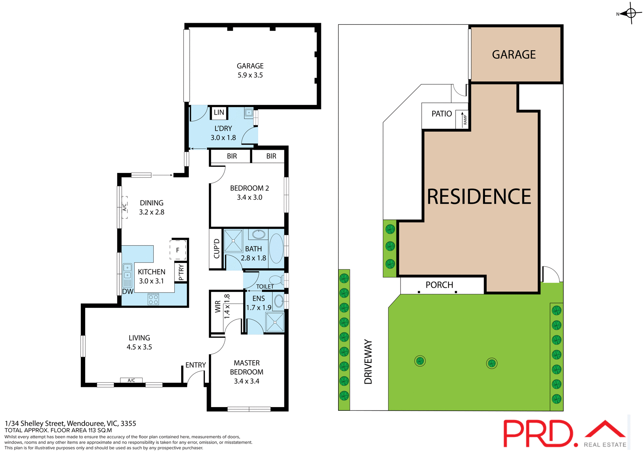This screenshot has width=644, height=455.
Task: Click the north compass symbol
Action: (631, 13)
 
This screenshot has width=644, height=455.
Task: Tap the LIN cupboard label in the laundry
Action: (219, 113)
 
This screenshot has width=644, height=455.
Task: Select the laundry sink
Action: (249, 113)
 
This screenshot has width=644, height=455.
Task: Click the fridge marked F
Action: (178, 250)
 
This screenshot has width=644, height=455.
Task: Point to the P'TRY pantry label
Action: (181, 272)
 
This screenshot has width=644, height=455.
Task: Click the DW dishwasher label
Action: (127, 291)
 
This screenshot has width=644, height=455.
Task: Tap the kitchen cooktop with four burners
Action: (153, 300)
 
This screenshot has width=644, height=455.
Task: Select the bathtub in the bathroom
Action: (276, 248)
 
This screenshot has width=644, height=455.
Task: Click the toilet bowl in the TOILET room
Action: (276, 279)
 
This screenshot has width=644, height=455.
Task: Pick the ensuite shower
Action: (275, 322)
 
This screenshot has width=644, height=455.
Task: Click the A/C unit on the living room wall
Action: (131, 380)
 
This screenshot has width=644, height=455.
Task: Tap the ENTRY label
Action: (196, 365)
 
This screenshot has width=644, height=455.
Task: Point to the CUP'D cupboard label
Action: (216, 249)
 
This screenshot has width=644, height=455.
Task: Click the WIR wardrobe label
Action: (218, 307)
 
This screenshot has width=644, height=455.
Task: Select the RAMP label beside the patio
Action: (465, 120)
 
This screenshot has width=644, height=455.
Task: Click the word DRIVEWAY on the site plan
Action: (368, 362)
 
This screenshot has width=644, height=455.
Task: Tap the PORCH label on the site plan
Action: (439, 285)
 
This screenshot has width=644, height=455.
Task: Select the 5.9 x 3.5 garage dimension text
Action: (250, 75)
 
